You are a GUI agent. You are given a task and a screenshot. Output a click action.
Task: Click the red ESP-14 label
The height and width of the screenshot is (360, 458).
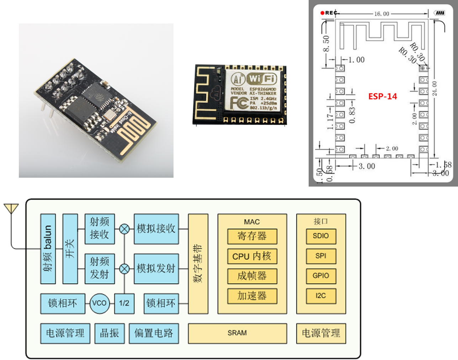click(383, 96)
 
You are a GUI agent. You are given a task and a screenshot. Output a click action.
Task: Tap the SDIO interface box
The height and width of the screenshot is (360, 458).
click(321, 236)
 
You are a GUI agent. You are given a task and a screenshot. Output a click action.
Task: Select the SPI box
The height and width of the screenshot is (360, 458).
click(321, 256)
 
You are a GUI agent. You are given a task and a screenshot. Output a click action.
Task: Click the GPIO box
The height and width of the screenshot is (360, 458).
click(321, 276)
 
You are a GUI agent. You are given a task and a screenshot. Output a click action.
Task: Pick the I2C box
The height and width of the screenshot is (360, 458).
click(321, 296)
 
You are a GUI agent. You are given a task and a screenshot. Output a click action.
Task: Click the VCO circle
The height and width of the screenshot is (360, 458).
click(99, 303)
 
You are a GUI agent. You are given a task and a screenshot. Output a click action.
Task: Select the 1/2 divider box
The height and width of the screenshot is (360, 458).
click(124, 303)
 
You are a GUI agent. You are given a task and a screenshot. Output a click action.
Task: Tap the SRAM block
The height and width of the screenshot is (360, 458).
click(237, 333)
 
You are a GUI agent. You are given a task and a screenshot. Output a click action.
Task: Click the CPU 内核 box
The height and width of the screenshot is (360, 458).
click(252, 256)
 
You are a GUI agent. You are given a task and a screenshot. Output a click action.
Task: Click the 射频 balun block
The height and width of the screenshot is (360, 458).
click(48, 249)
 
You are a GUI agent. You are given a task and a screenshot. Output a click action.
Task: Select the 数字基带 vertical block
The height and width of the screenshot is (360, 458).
click(198, 263)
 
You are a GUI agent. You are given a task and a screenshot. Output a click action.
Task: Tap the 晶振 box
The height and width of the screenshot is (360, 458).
click(110, 333)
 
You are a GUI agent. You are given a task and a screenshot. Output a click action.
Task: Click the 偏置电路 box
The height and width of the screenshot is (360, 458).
click(154, 333)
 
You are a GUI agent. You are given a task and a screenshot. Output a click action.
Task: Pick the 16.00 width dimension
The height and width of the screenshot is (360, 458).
click(382, 14)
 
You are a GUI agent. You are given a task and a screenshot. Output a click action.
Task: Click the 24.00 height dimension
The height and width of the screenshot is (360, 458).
click(435, 88)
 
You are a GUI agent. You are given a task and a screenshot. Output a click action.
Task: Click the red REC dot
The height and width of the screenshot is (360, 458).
click(323, 13)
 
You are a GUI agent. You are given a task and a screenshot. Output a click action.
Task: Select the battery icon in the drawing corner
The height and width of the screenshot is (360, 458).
click(440, 13)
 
